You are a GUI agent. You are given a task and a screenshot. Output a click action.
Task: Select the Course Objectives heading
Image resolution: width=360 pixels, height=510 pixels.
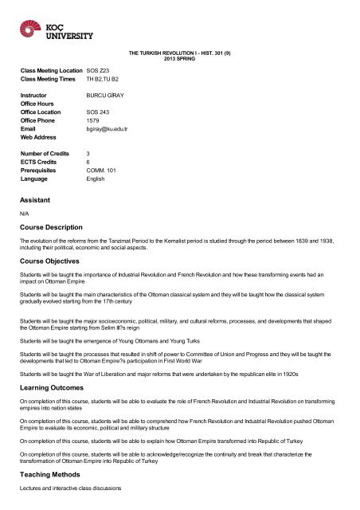coord(58,261)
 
